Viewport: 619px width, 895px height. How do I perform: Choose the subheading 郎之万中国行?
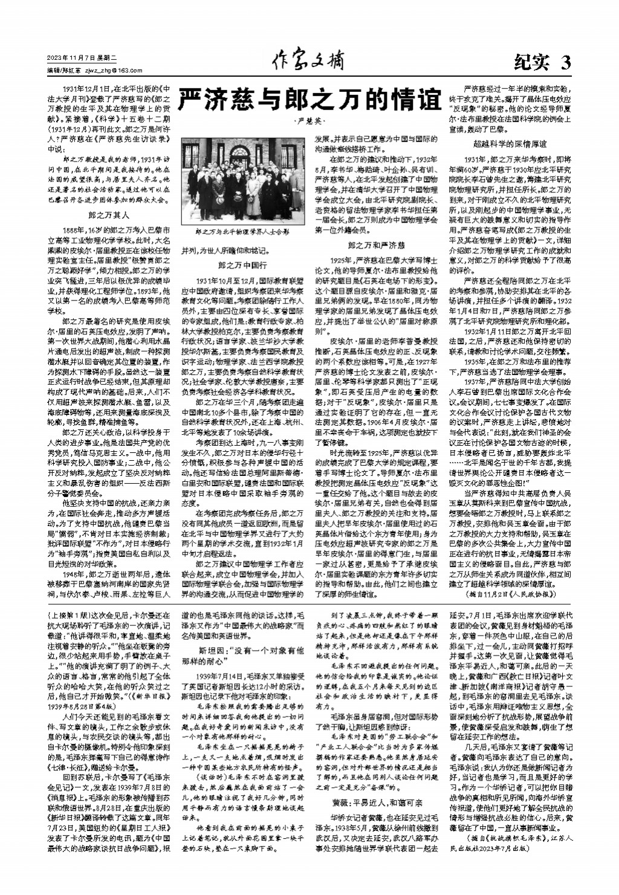pyautogui.click(x=242, y=265)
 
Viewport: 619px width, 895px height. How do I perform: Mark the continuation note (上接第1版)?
pyautogui.click(x=66, y=612)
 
